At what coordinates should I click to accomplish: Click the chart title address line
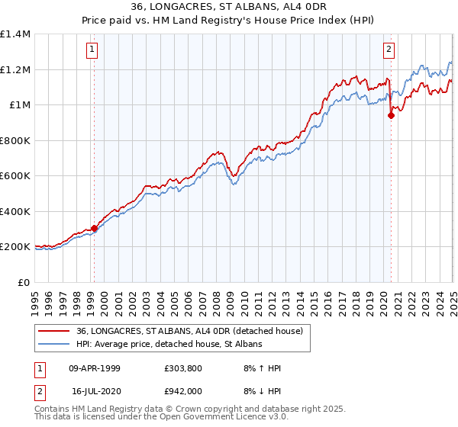pos(228,8)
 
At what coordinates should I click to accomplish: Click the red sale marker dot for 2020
pos(391,116)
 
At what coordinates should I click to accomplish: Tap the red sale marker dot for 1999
pos(95,228)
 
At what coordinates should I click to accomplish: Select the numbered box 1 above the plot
pos(92,50)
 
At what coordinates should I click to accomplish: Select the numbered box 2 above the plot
pos(389,50)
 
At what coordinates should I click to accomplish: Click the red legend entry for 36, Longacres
pos(190,331)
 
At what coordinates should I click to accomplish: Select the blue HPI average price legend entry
pos(169,344)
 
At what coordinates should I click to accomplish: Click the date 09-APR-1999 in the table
pos(95,368)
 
